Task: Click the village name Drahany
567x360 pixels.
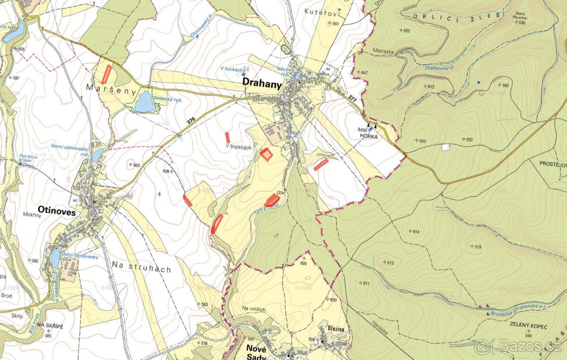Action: [262, 83]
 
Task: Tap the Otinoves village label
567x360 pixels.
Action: [57, 213]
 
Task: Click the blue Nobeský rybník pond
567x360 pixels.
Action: [144, 102]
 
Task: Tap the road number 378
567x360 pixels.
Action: [190, 121]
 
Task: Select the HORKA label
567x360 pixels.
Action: [367, 135]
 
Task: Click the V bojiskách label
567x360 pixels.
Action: [238, 147]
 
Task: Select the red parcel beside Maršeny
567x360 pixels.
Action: [107, 74]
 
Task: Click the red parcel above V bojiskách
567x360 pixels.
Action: [227, 137]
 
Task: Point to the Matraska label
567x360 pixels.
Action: [373, 48]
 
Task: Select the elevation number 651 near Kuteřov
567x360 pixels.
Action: [335, 24]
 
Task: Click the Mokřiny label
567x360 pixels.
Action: [32, 214]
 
